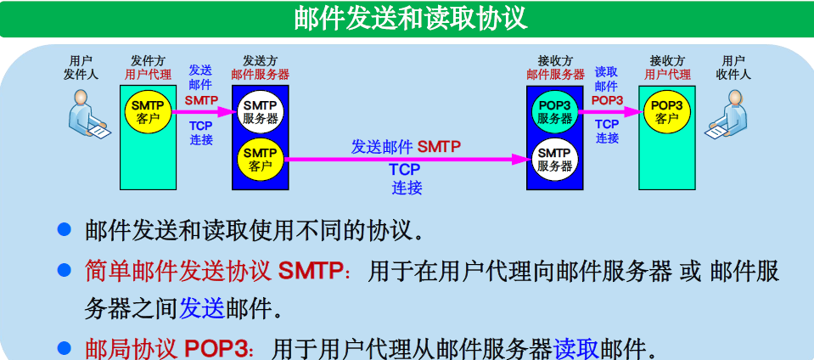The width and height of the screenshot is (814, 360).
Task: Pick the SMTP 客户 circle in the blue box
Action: click(260, 159)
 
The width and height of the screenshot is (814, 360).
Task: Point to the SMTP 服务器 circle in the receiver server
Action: click(554, 159)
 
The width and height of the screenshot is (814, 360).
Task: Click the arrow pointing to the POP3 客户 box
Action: click(610, 108)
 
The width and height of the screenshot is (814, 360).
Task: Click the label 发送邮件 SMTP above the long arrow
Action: click(406, 146)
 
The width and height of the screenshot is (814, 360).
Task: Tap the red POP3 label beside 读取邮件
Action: click(607, 100)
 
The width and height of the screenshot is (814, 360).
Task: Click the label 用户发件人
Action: click(81, 67)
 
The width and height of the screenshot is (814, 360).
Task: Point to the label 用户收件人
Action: click(733, 67)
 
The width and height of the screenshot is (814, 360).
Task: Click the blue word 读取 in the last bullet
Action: click(576, 348)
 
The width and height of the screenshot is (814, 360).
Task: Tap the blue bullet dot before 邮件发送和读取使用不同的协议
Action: click(64, 229)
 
